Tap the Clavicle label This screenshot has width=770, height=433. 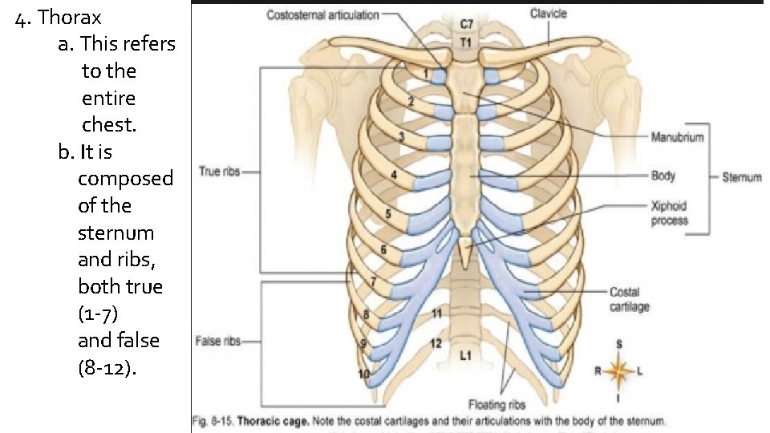coord(549,13)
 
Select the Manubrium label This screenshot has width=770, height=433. coord(677,137)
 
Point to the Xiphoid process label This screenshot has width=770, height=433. coord(669,212)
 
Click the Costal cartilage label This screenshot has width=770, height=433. coord(630,299)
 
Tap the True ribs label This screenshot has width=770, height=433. coord(219,171)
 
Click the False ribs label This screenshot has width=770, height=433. coord(218,341)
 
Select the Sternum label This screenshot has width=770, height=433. coord(741,176)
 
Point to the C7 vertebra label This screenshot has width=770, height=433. coord(465,26)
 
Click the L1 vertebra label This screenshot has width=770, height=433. coord(465,354)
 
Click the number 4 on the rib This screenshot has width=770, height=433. coord(393,174)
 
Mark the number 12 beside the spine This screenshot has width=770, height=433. coord(436,343)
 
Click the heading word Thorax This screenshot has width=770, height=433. coord(70,16)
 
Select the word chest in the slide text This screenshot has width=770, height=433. coord(108,125)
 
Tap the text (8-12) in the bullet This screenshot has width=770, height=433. coord(107,368)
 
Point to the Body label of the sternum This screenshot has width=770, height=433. coord(663,176)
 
